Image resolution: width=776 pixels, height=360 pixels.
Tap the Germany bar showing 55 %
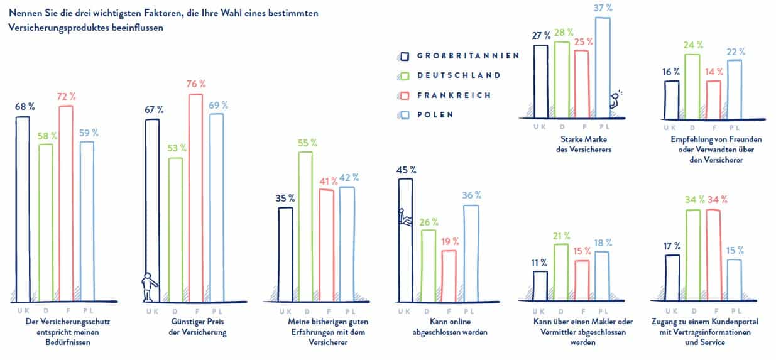point(305,226)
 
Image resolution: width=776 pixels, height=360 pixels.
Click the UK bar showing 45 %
point(406,239)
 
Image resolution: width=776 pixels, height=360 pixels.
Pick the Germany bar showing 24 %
point(692,87)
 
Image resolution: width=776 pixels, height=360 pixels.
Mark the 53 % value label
point(176,148)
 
